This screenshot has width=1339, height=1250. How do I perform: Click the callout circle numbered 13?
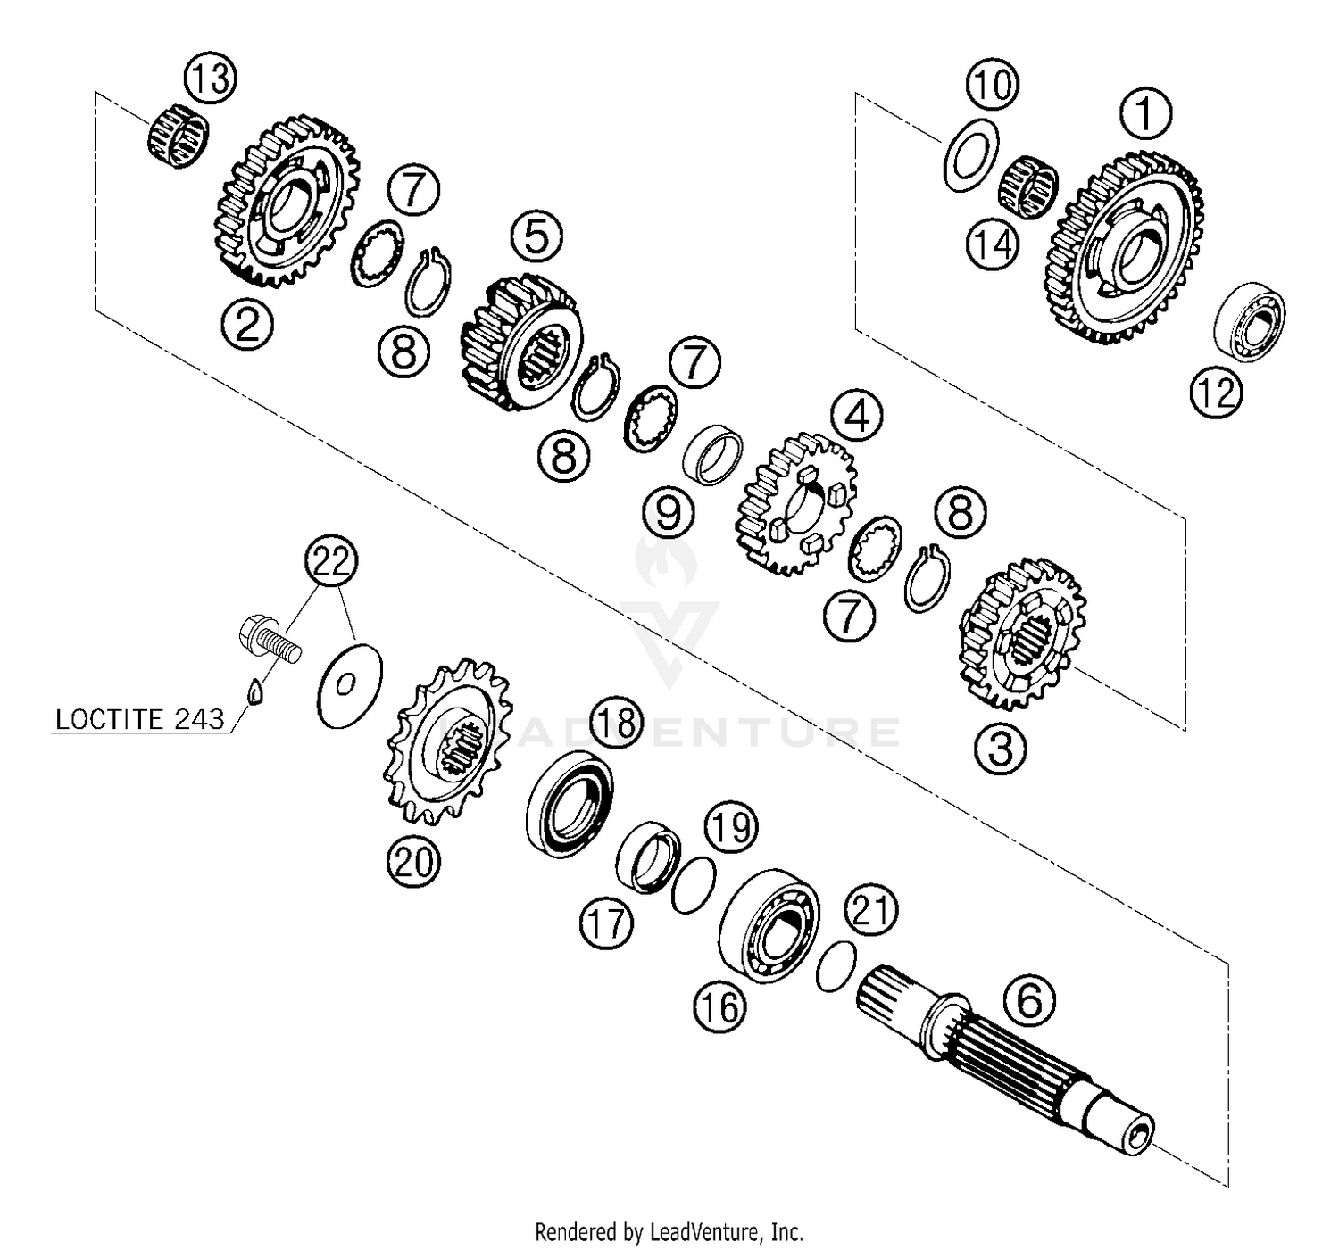tap(210, 79)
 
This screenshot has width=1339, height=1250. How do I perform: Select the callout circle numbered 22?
tap(330, 562)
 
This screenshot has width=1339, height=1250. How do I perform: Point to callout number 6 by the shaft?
tap(1029, 1000)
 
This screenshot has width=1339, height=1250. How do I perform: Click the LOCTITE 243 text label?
tap(139, 719)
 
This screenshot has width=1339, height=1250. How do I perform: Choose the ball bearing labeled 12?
tap(1250, 321)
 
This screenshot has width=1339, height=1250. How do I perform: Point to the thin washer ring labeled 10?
tap(970, 154)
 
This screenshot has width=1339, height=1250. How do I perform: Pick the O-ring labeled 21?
tap(836, 966)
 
